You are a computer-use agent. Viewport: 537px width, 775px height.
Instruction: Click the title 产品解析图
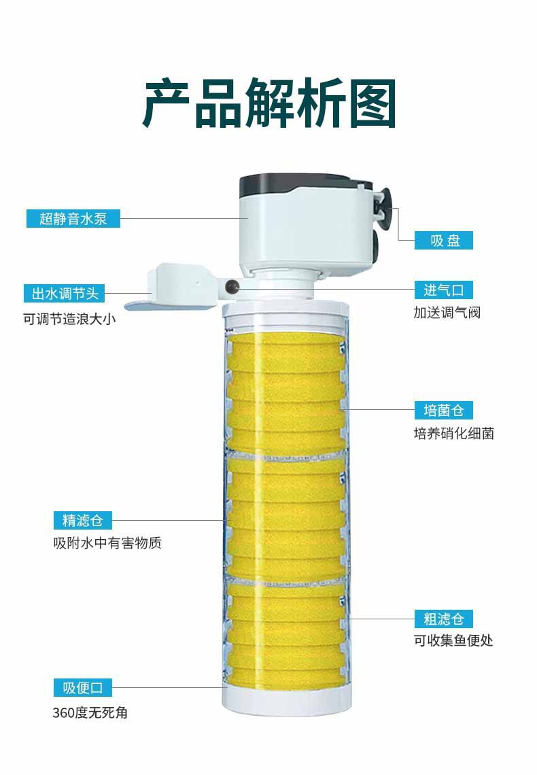click(269, 104)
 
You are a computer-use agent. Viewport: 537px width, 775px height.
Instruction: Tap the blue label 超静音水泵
click(73, 218)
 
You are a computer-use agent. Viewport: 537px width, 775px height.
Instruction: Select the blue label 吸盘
click(444, 240)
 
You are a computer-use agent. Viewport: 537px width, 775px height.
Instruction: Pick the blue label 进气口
click(444, 290)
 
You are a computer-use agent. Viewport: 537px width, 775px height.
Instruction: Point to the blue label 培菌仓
click(444, 410)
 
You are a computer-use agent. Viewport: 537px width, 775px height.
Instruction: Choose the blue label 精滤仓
click(82, 520)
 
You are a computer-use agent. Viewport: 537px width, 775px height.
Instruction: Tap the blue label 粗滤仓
click(444, 619)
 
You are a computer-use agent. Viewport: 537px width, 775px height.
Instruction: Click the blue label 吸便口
click(82, 687)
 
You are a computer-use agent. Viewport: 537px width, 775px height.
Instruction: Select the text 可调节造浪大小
click(70, 317)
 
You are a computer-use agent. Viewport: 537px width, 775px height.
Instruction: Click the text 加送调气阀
click(447, 313)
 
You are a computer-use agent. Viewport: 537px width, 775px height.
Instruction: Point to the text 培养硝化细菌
click(453, 433)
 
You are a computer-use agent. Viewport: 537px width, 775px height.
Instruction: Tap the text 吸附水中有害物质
click(107, 543)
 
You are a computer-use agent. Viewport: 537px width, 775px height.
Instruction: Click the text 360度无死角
click(90, 712)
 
